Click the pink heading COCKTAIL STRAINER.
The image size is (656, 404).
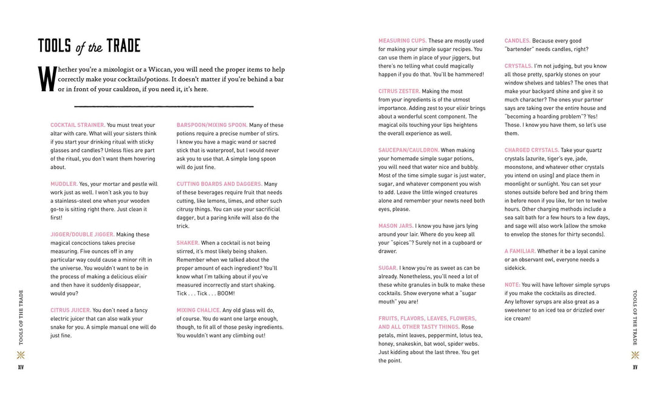click(x=78, y=125)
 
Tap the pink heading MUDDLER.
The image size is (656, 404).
click(x=64, y=184)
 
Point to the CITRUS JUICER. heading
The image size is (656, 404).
click(x=70, y=310)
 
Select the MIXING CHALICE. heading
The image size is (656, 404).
click(x=199, y=310)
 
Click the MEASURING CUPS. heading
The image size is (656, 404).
click(x=403, y=41)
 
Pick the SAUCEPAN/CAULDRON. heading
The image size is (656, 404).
click(x=409, y=150)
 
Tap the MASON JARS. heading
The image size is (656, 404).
click(x=396, y=226)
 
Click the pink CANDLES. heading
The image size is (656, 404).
click(x=518, y=41)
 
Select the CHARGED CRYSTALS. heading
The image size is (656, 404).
click(x=532, y=150)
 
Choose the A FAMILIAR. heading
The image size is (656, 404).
click(x=519, y=251)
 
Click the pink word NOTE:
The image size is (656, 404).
click(x=512, y=285)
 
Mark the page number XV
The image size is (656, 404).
click(x=635, y=367)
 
